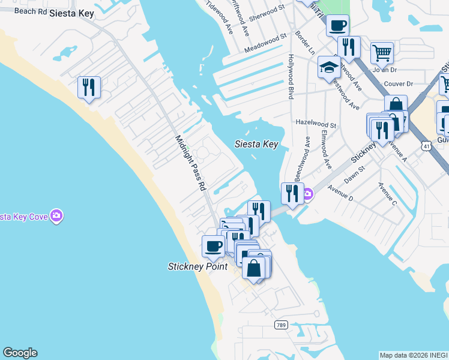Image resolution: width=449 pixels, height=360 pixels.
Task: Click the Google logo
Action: [x=20, y=353]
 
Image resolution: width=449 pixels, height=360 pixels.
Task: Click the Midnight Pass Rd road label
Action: [x=190, y=163]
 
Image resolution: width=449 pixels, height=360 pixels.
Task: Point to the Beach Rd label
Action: [x=29, y=11]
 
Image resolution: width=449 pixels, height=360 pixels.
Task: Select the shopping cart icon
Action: [x=382, y=53]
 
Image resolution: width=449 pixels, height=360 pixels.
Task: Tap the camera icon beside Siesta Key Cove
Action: [x=56, y=215]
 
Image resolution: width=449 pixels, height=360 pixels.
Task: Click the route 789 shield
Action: [x=281, y=325]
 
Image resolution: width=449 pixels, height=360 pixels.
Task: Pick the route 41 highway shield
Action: [x=425, y=146]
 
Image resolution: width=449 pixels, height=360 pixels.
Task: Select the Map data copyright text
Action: [x=414, y=355]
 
